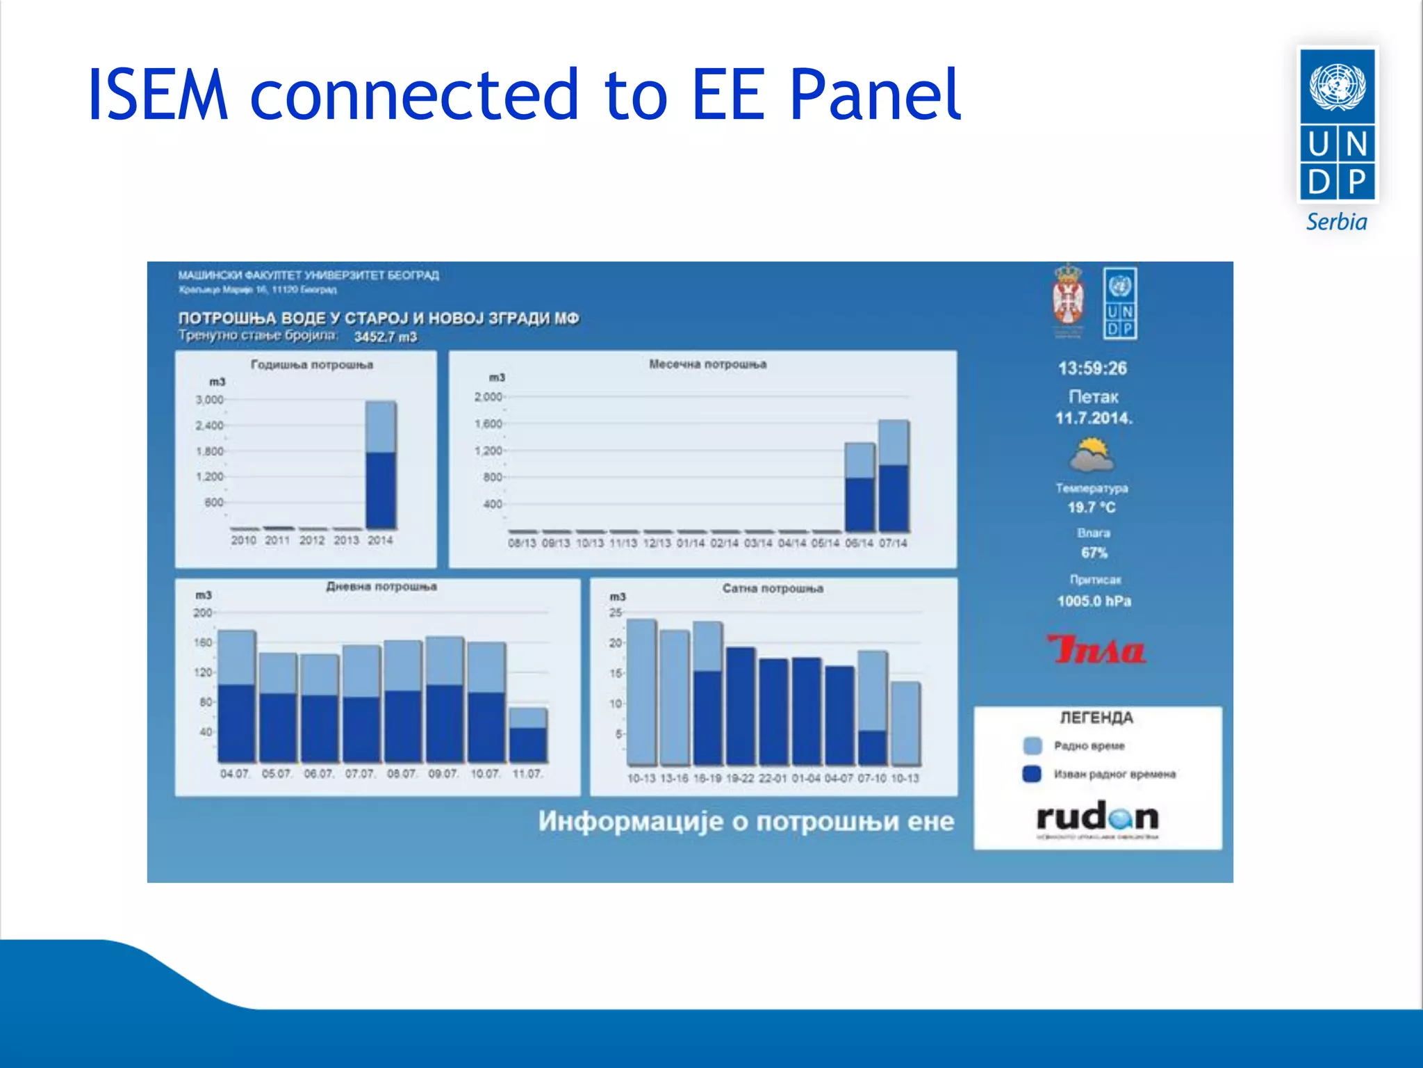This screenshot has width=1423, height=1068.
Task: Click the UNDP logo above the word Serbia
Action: [1337, 125]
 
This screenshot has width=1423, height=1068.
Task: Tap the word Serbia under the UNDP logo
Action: [1336, 222]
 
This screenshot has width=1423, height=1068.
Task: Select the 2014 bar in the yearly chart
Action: [381, 466]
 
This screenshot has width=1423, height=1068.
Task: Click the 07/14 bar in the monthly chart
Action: [894, 477]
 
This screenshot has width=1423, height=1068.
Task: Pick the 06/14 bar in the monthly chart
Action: [859, 488]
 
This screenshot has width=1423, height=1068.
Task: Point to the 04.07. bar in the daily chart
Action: [236, 697]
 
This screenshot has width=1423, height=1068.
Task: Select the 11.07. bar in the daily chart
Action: [528, 736]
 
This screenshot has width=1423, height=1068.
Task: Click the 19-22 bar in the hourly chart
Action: [741, 706]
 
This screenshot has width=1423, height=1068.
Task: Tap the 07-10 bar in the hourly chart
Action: [872, 709]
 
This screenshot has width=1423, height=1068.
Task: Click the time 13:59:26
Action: [1092, 369]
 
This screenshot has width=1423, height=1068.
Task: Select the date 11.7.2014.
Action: [1094, 418]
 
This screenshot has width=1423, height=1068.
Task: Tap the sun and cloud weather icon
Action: [1092, 455]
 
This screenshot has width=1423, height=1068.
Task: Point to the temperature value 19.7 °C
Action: [1092, 508]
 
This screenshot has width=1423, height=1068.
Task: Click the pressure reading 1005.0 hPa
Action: [1094, 601]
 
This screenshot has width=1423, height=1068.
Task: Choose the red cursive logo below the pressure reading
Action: [1096, 649]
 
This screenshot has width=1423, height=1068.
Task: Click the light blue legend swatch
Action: [1033, 746]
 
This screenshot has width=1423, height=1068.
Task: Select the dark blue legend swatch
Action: [1032, 774]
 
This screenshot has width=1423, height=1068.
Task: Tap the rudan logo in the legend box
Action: [1097, 818]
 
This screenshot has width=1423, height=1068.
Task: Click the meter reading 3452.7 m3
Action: [386, 337]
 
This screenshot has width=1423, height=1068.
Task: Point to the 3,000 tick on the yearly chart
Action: [209, 400]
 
